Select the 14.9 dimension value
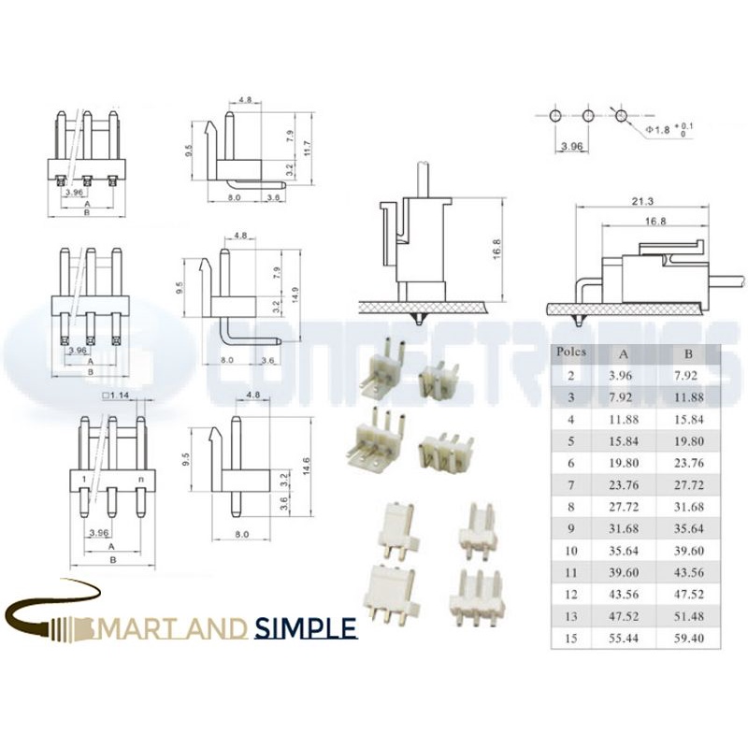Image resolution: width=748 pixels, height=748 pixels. point(295,295)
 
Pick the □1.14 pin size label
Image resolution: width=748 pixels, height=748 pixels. point(120,396)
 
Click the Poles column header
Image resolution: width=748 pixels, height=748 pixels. point(570,352)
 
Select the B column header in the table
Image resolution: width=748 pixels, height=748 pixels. point(688,354)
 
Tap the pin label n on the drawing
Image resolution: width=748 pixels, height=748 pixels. point(141,478)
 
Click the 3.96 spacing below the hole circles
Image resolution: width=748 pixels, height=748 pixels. point(571,147)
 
